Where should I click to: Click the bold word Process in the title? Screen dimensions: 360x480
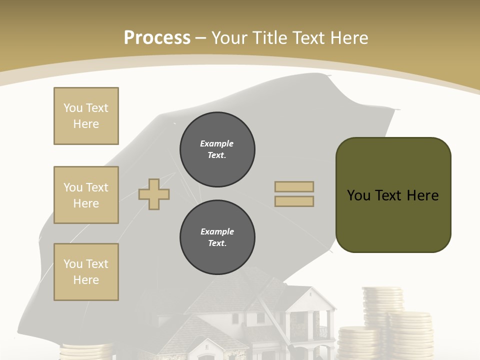[157, 37]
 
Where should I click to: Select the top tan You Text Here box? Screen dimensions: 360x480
[86, 116]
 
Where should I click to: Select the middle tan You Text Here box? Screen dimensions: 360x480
[86, 195]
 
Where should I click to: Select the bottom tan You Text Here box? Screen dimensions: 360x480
[86, 272]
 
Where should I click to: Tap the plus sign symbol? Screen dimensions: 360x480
[154, 193]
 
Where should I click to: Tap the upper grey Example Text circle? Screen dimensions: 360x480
[217, 149]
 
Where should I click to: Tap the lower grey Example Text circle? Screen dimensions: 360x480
[217, 237]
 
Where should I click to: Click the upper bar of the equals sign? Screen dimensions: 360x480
[294, 186]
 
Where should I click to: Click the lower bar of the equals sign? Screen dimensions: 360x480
[294, 201]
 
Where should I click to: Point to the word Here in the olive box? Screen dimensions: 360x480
[422, 195]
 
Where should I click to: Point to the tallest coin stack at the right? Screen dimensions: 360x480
[383, 300]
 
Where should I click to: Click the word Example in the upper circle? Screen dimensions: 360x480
[217, 143]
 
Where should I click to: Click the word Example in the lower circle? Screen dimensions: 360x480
[217, 231]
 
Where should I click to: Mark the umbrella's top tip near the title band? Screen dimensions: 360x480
[329, 75]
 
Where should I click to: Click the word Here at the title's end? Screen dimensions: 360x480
[350, 37]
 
